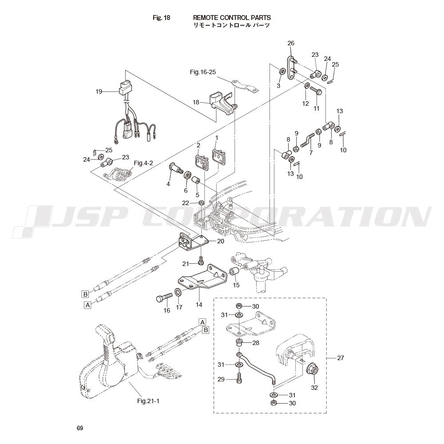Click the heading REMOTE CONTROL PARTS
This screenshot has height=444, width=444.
[x=232, y=18]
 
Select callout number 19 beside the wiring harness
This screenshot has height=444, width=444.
[x=99, y=91]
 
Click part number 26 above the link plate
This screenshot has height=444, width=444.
[x=291, y=43]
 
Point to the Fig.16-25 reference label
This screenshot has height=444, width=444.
[x=202, y=72]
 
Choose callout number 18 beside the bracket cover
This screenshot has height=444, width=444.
[x=196, y=102]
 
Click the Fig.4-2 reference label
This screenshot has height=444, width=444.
[x=143, y=163]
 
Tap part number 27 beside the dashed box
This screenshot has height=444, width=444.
[x=341, y=357]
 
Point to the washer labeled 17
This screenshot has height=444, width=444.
[x=178, y=293]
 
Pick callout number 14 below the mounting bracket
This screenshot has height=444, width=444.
[x=199, y=305]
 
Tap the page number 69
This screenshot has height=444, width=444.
[x=79, y=428]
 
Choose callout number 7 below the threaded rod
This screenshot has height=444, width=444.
[x=311, y=152]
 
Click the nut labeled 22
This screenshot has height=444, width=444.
[x=201, y=203]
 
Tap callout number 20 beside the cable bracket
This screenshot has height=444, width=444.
[x=220, y=241]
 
